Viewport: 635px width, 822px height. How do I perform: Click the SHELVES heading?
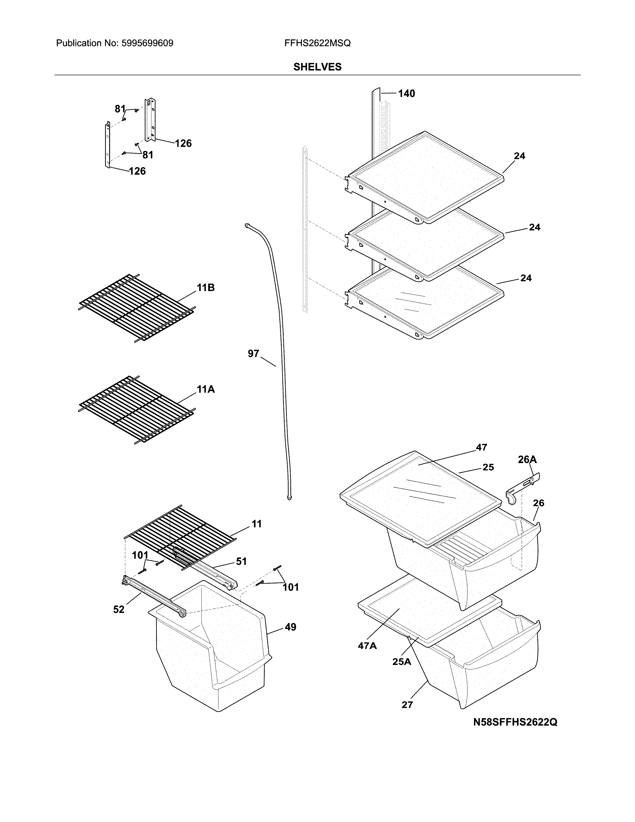(317, 67)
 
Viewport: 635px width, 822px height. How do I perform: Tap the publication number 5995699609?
(147, 43)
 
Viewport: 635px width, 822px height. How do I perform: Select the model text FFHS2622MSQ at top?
(317, 43)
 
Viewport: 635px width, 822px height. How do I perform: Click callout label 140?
(406, 93)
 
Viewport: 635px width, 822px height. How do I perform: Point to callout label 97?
(254, 353)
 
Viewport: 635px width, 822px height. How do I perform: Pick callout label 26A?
(527, 460)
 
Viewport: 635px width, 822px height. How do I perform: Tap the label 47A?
(367, 646)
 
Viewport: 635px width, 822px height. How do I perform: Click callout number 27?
(407, 705)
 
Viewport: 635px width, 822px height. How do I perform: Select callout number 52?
(119, 609)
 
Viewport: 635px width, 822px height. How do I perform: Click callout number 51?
(241, 561)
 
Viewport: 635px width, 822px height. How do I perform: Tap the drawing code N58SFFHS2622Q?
(515, 722)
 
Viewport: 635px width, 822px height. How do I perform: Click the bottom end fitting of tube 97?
(289, 498)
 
